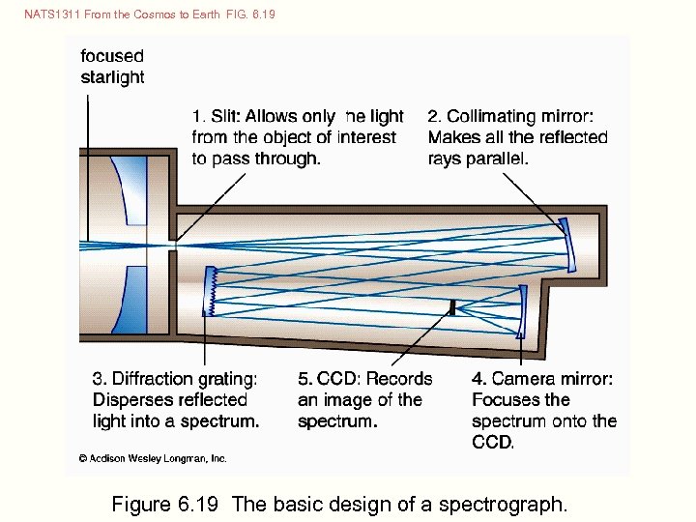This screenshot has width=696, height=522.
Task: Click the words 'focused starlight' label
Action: tap(112, 67)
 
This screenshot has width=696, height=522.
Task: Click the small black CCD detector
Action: tap(451, 306)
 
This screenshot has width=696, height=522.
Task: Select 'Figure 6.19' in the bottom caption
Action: tap(167, 504)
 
